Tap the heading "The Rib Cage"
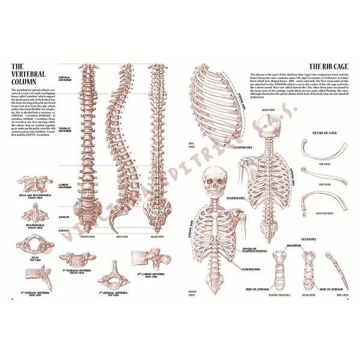(326, 67)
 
